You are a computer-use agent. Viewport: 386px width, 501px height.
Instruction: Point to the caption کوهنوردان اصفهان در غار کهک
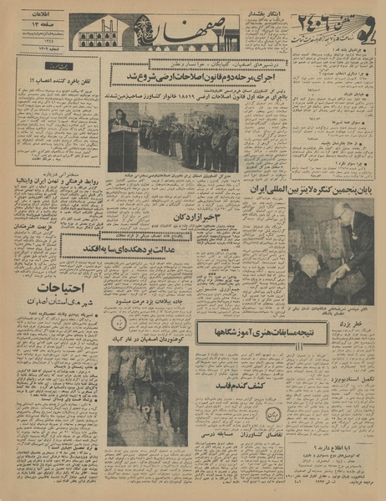(149, 340)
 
